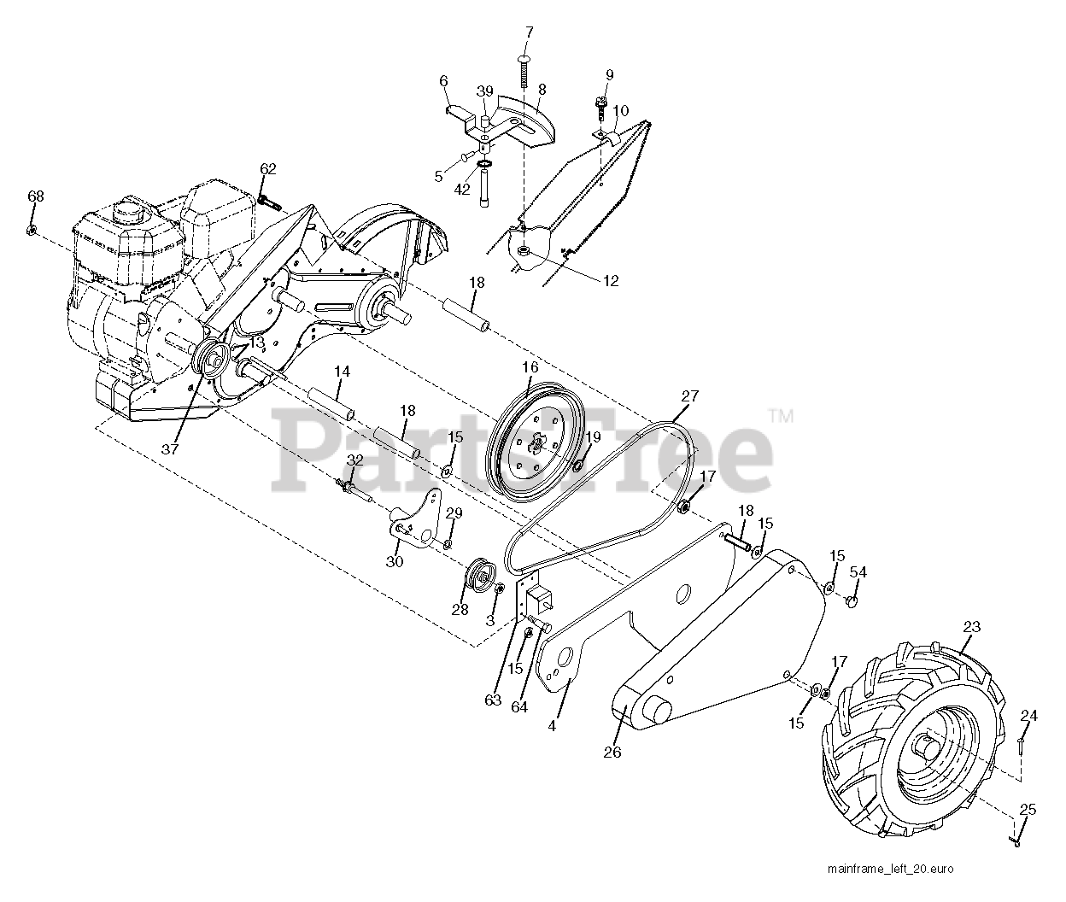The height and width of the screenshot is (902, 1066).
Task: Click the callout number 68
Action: pyautogui.click(x=35, y=196)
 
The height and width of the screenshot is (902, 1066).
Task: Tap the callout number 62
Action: pyautogui.click(x=268, y=169)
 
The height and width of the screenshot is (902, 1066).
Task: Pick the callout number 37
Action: pyautogui.click(x=171, y=449)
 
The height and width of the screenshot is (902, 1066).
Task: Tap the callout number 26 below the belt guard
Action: pyautogui.click(x=612, y=753)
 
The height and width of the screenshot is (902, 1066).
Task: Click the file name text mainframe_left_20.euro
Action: pyautogui.click(x=889, y=870)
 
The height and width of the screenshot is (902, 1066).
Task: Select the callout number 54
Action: pyautogui.click(x=858, y=572)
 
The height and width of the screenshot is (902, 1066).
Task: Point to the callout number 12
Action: pyautogui.click(x=610, y=280)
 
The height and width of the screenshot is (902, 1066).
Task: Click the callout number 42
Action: pyautogui.click(x=462, y=190)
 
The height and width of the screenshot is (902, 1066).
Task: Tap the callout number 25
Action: pyautogui.click(x=1028, y=809)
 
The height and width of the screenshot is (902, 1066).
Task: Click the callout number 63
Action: pyautogui.click(x=493, y=700)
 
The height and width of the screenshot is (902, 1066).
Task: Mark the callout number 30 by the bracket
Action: pyautogui.click(x=394, y=561)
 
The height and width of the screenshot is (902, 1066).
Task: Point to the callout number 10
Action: pyautogui.click(x=621, y=110)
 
